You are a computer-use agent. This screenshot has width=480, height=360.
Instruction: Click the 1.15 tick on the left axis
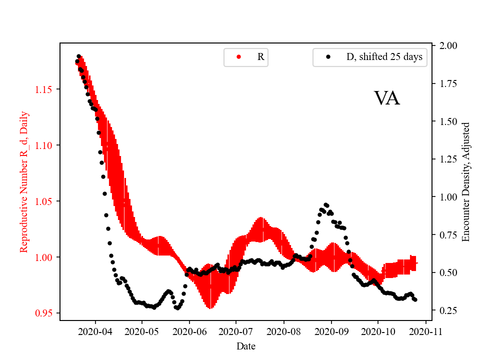click(x=43, y=89)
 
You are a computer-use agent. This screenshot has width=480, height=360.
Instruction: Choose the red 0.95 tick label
click(x=43, y=313)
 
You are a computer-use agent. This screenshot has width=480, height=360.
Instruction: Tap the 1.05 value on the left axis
click(x=43, y=201)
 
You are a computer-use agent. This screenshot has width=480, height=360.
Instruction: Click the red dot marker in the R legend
click(x=238, y=57)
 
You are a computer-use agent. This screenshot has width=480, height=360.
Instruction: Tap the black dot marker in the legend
click(x=328, y=57)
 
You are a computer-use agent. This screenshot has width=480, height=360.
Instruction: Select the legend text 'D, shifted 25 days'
click(x=384, y=57)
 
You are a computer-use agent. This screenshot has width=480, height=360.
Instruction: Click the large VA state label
click(x=386, y=98)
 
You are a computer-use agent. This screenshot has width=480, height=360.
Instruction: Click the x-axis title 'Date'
click(x=246, y=345)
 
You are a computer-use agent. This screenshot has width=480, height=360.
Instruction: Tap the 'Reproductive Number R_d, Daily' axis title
click(x=24, y=182)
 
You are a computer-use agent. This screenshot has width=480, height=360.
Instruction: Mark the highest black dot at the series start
click(x=78, y=56)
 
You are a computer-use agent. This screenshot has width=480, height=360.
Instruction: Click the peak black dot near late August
click(x=325, y=204)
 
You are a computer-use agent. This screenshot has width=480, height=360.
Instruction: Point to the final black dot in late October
click(x=415, y=299)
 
